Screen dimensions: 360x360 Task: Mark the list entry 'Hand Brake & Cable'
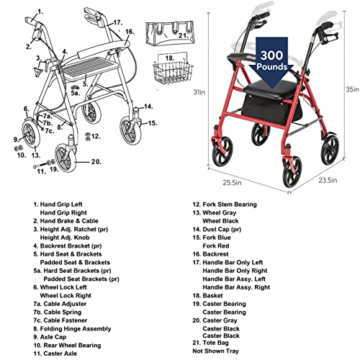pos(69,221)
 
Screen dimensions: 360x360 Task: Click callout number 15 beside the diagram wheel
pos(153,123)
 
